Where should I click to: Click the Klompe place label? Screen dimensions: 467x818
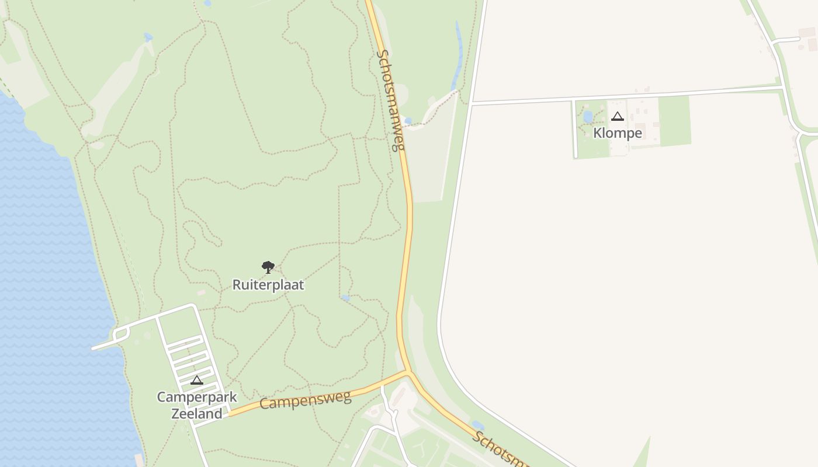pos(618,133)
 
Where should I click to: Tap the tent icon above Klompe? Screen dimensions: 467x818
pos(618,117)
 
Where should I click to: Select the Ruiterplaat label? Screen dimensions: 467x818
pos(268,285)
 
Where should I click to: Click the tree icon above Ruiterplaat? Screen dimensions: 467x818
pos(268,267)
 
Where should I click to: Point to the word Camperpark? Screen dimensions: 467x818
pos(197,398)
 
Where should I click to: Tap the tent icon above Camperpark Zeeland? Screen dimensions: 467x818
pos(197,380)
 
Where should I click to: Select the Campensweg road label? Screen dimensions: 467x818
pos(305,400)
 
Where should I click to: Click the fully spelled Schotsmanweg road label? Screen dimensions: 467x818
pos(391,100)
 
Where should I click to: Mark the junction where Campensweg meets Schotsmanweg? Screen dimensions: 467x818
pos(408,371)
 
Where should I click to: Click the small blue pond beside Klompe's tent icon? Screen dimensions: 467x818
pos(588,116)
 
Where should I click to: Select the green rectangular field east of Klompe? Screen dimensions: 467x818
pos(674,120)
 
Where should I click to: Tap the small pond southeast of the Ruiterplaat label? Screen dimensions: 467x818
pos(346,298)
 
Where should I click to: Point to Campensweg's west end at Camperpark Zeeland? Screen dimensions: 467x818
pos(230,414)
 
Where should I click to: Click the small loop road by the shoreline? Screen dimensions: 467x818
pos(121,334)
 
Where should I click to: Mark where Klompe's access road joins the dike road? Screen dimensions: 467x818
pos(472,104)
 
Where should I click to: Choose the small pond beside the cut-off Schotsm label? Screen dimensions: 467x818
pos(478,425)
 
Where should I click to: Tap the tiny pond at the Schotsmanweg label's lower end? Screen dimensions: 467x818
pos(408,121)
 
